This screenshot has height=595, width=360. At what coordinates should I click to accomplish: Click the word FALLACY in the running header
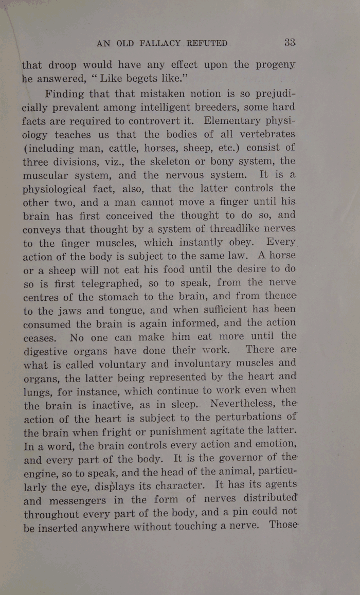154,44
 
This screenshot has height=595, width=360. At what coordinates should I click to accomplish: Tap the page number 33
290,43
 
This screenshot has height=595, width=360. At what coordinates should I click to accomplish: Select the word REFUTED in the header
207,44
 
